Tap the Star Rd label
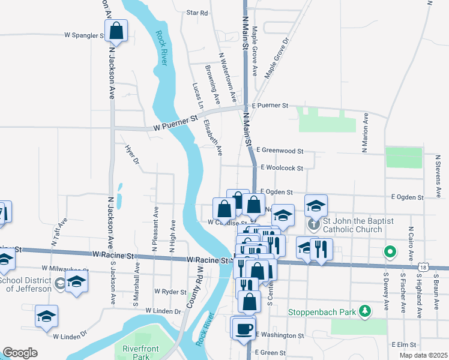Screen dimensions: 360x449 [197, 12]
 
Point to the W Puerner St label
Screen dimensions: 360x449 [175, 123]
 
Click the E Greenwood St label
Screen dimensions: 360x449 [280, 151]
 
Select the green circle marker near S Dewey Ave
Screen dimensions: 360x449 [390, 251]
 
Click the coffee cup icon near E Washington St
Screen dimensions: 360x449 [244, 329]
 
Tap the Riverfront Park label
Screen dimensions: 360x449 [135, 352]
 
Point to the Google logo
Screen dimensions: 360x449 [20, 353]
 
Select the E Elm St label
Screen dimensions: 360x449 [403, 345]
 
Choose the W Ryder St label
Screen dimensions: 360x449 [170, 291]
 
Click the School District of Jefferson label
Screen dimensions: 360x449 [25, 284]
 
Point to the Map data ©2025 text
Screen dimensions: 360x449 [423, 355]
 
